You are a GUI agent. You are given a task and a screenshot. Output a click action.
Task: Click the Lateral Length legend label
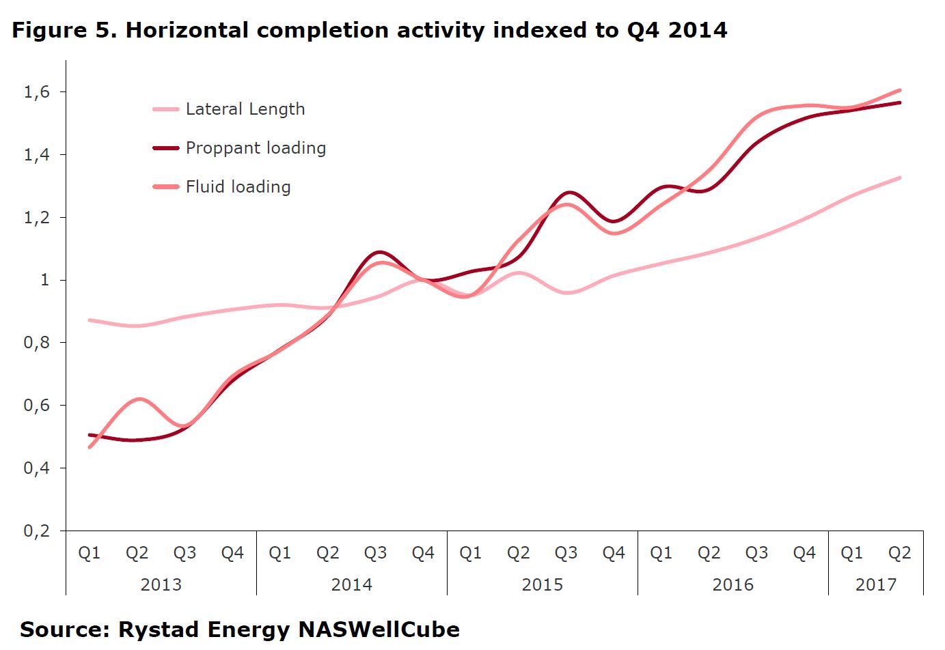245,109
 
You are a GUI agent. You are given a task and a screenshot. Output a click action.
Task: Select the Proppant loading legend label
256,148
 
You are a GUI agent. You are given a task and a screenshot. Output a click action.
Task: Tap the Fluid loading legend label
238,187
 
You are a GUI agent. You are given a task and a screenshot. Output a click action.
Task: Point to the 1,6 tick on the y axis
37,92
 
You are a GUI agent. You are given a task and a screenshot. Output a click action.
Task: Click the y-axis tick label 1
45,280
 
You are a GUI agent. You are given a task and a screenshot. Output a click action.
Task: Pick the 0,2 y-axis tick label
37,531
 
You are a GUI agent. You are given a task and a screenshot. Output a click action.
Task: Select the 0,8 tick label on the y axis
37,343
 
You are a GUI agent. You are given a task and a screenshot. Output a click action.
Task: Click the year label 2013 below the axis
161,585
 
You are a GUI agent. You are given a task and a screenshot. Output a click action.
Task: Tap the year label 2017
875,585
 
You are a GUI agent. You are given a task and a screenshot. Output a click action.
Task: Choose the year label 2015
542,585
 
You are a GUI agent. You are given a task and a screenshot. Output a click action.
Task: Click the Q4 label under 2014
423,553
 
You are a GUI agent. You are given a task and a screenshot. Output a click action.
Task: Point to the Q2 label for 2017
899,553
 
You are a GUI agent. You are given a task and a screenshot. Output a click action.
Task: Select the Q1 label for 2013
90,553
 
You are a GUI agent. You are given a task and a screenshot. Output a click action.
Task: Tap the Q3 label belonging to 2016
756,553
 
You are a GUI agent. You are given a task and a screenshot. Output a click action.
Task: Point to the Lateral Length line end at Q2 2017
900,178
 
